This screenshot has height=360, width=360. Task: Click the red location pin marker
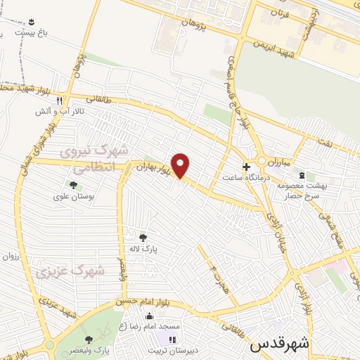point(181,165)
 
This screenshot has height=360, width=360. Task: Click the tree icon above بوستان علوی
point(72,185)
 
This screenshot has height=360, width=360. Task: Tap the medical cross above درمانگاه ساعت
point(245,167)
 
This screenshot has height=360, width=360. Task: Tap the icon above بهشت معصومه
point(302,174)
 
